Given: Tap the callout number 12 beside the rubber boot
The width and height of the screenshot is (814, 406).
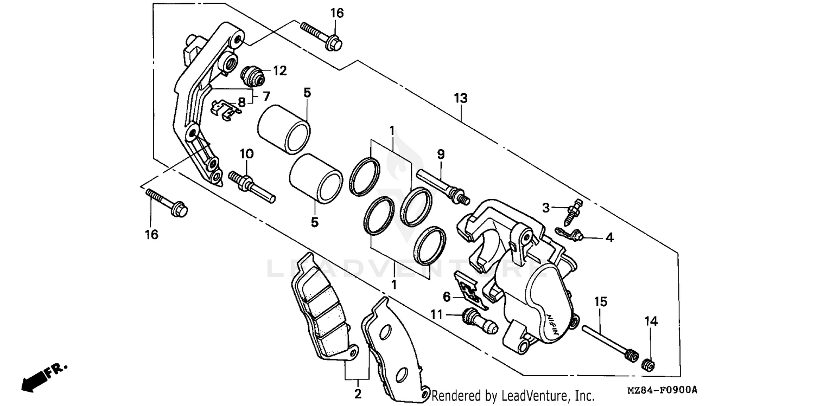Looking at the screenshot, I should [x=279, y=70].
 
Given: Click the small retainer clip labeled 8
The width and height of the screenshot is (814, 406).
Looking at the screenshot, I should [x=225, y=108].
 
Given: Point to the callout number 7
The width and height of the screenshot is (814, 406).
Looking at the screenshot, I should [x=266, y=96].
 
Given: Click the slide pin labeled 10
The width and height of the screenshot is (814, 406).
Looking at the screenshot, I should [x=252, y=185].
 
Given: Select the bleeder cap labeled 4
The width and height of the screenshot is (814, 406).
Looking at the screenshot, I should [x=569, y=234].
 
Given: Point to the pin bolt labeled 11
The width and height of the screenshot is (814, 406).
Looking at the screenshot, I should [x=478, y=321].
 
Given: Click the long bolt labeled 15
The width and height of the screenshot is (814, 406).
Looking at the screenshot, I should [x=608, y=341].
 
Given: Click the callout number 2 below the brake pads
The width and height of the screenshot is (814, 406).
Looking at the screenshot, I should [x=358, y=395].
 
